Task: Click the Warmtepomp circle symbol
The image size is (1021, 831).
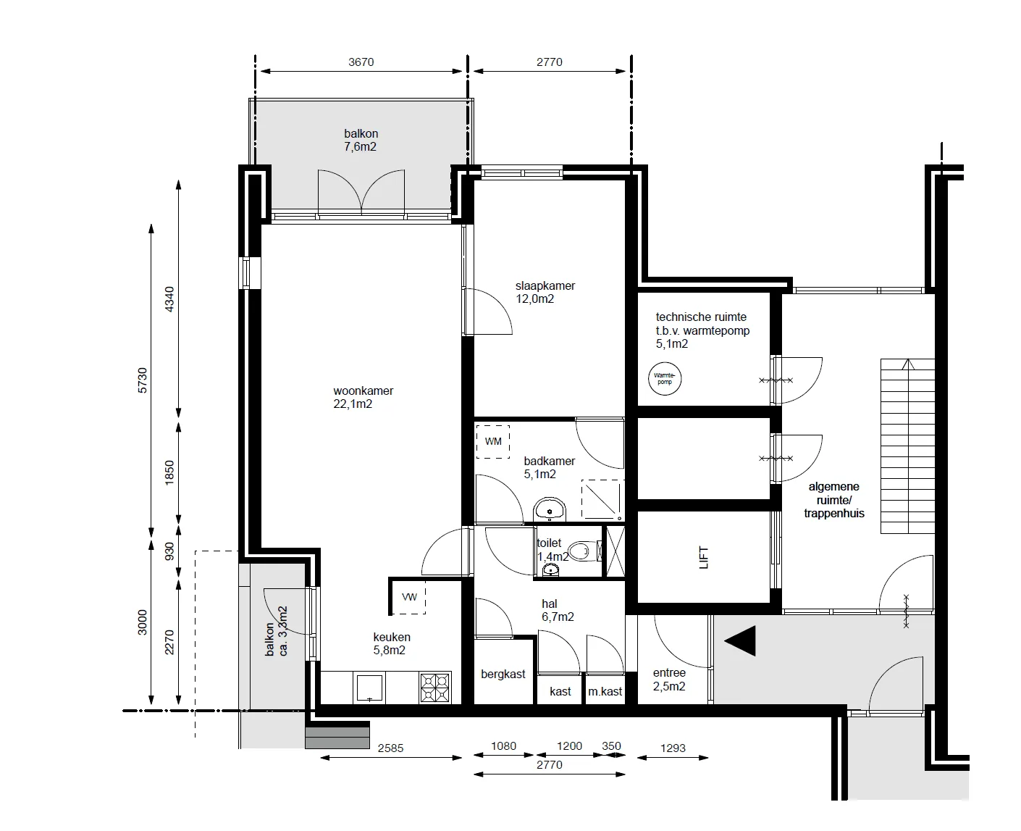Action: pyautogui.click(x=664, y=378)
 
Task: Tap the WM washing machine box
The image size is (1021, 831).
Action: pyautogui.click(x=493, y=442)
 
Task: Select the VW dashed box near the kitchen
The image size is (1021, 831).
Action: pyautogui.click(x=409, y=597)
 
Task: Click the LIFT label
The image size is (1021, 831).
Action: pyautogui.click(x=704, y=557)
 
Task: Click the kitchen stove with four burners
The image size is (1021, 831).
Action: pyautogui.click(x=435, y=688)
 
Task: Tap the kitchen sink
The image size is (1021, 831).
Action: pyautogui.click(x=369, y=688)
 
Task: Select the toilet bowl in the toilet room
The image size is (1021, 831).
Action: pyautogui.click(x=586, y=551)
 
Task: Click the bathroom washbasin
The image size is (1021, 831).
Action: pyautogui.click(x=550, y=510)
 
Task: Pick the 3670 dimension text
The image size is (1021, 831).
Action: pyautogui.click(x=361, y=62)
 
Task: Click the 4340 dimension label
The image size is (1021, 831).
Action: pyautogui.click(x=169, y=299)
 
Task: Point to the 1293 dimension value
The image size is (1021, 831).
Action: pyautogui.click(x=673, y=748)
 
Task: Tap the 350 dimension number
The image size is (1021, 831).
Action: pyautogui.click(x=611, y=746)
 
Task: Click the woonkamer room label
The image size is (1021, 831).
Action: pyautogui.click(x=364, y=391)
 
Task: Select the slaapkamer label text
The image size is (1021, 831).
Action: pyautogui.click(x=545, y=285)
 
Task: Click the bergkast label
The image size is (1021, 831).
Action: pyautogui.click(x=503, y=675)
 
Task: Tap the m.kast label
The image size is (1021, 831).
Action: pyautogui.click(x=605, y=691)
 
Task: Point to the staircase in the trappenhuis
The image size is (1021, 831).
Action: pyautogui.click(x=907, y=446)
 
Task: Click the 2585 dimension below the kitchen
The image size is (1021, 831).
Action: pyautogui.click(x=391, y=748)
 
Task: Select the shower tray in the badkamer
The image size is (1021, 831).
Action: pyautogui.click(x=602, y=500)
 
